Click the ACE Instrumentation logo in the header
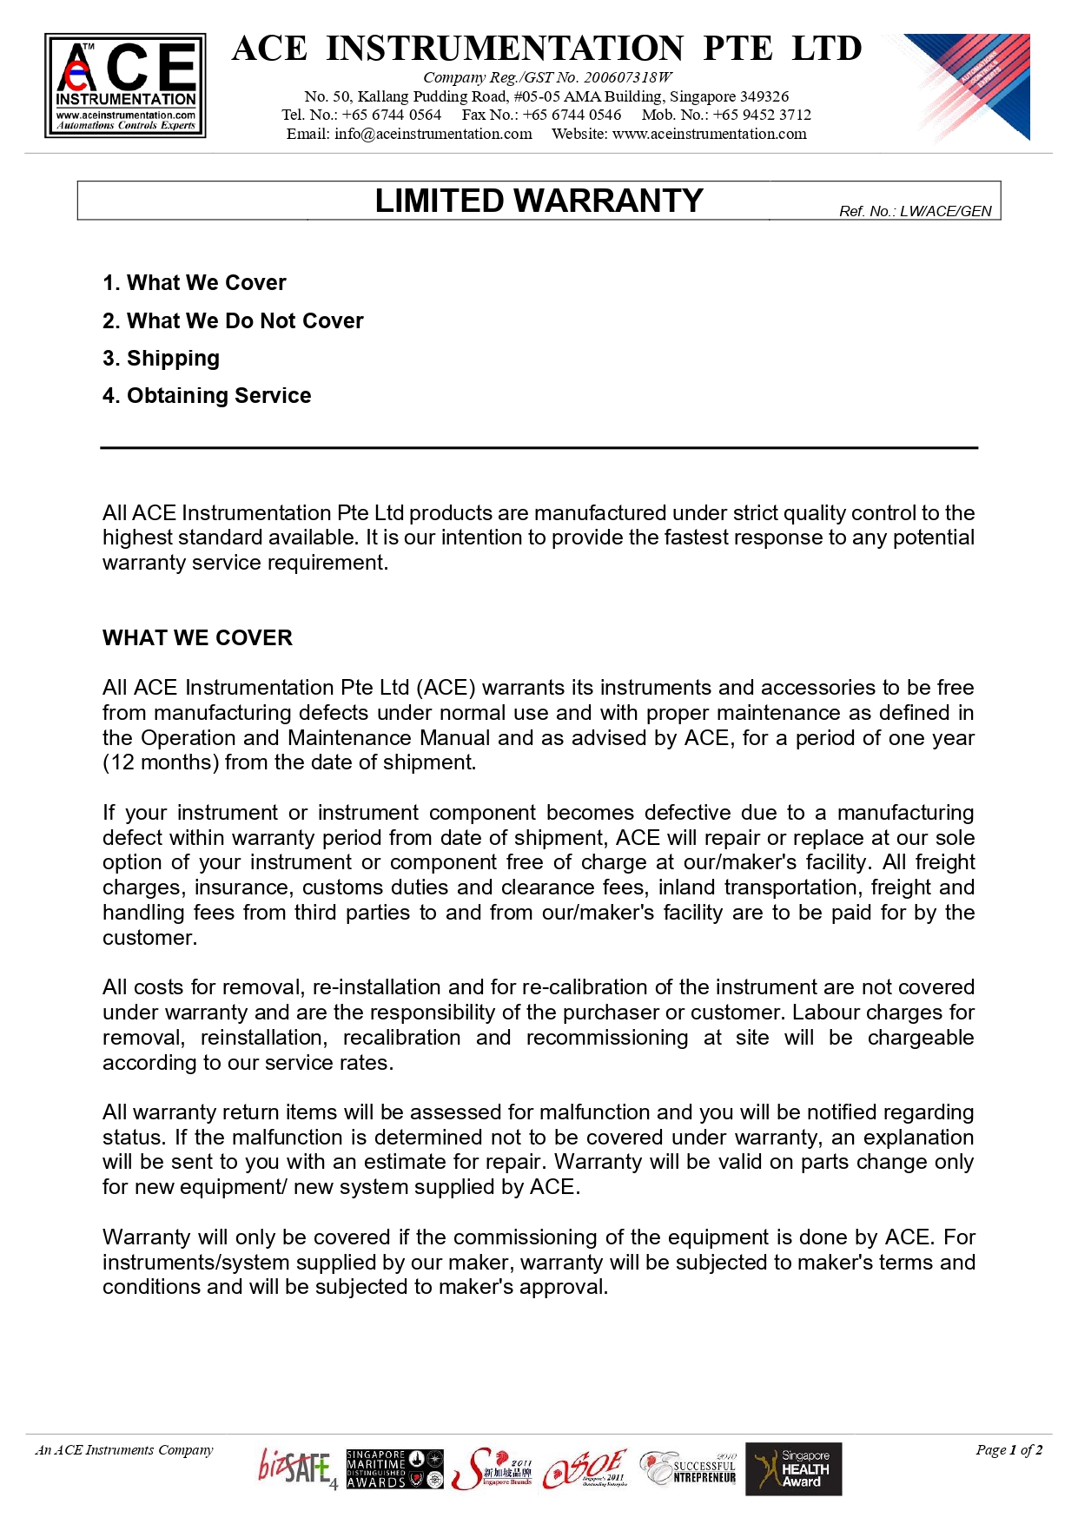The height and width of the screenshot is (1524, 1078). coord(125,85)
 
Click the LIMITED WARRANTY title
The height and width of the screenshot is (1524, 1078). coord(539,201)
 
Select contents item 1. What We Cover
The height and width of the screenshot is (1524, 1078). coord(195,283)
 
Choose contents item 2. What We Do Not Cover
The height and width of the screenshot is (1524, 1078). coord(233,321)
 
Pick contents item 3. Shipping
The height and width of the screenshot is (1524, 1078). coord(162,359)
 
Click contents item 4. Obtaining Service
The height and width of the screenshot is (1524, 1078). coord(207,396)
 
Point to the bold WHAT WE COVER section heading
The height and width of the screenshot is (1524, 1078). coord(197,638)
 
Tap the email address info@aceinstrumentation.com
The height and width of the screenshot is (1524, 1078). coord(433,134)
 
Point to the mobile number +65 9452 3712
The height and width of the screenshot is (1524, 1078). coord(762,115)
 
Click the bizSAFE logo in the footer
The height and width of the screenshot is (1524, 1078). coord(296,1468)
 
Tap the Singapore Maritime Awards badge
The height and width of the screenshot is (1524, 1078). coord(394,1468)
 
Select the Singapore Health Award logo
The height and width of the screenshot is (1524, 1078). coord(794,1468)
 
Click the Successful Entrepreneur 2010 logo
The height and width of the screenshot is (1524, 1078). coord(689,1468)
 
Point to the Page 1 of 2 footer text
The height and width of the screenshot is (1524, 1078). coord(1009,1449)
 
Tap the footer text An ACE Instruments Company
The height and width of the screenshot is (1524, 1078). coord(124,1449)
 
